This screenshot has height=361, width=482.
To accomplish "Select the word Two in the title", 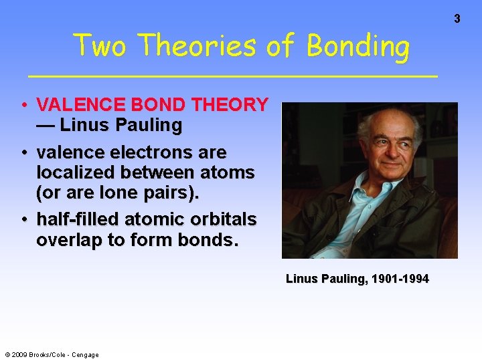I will [98, 46].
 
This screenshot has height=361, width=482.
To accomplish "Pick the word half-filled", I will [78, 219].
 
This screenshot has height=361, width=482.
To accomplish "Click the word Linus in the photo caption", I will [300, 279].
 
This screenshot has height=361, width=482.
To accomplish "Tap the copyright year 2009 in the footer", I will [19, 355].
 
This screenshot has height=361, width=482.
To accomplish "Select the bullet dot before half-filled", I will [24, 219].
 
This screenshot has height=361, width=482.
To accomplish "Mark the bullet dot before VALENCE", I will [24, 105].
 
